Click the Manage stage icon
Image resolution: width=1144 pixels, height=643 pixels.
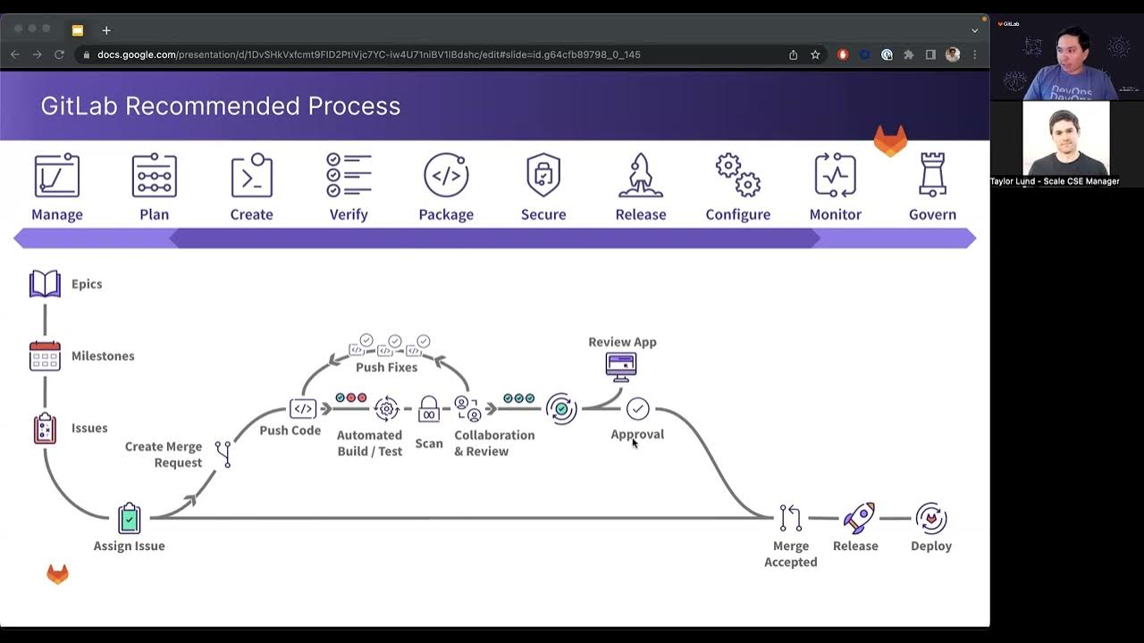(x=57, y=175)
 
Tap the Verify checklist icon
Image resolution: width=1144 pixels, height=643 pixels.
(x=349, y=175)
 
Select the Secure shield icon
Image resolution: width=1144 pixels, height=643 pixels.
(x=543, y=175)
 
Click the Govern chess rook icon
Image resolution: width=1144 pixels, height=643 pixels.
(x=932, y=174)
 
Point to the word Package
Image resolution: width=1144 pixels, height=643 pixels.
(x=446, y=214)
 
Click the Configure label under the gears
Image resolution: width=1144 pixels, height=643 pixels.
(x=737, y=214)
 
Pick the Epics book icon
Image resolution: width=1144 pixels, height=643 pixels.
(x=45, y=284)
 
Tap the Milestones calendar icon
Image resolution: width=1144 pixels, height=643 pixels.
(x=45, y=355)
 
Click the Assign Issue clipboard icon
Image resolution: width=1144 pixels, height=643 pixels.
(x=130, y=518)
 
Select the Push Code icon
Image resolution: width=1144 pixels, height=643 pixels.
(x=303, y=409)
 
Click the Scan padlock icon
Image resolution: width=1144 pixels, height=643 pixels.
(x=429, y=410)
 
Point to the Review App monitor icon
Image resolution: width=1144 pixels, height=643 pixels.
(x=621, y=366)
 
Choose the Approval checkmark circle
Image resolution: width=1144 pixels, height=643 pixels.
(x=637, y=409)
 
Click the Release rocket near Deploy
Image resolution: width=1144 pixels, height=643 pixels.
(x=858, y=518)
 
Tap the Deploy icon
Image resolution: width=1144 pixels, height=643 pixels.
(x=931, y=518)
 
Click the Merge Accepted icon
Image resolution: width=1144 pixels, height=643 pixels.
(x=791, y=518)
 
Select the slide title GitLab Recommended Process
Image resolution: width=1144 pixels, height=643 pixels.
(x=220, y=106)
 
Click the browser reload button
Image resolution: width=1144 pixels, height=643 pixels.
(x=59, y=54)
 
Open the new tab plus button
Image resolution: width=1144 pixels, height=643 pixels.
(x=106, y=30)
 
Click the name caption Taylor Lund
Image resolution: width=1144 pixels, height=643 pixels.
(x=1055, y=181)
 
